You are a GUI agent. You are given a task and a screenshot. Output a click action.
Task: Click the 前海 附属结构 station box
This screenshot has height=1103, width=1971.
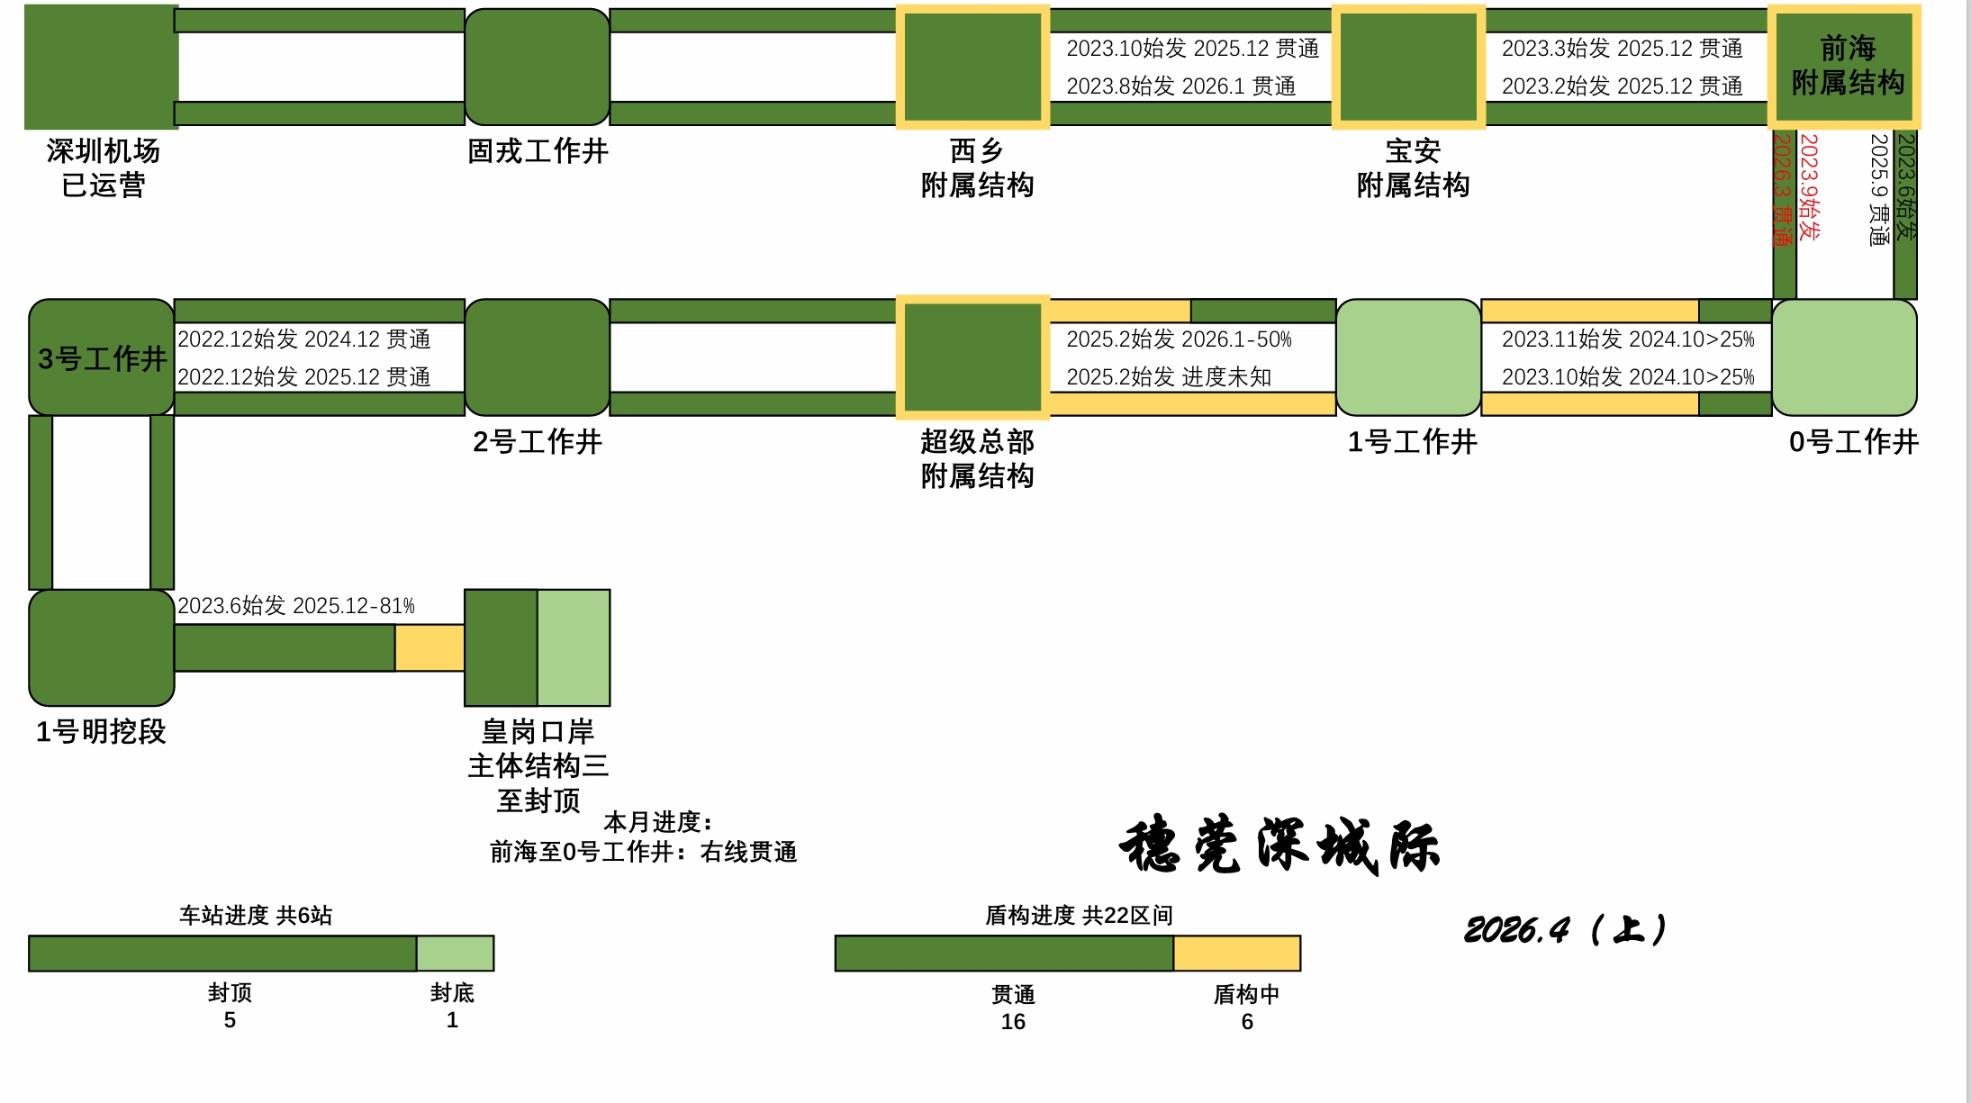pyautogui.click(x=1845, y=67)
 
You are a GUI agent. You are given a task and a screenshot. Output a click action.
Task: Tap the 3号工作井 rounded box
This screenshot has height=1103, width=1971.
pyautogui.click(x=102, y=357)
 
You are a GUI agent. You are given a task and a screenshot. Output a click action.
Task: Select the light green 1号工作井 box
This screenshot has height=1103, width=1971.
pyautogui.click(x=1409, y=357)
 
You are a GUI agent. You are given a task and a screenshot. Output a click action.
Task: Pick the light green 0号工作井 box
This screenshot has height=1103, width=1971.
pyautogui.click(x=1845, y=357)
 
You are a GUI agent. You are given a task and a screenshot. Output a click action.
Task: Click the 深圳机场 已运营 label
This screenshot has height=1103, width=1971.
pyautogui.click(x=104, y=167)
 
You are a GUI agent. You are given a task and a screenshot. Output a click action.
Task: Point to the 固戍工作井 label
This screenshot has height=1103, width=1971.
pyautogui.click(x=538, y=150)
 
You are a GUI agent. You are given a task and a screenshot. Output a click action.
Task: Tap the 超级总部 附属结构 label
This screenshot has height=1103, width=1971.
pyautogui.click(x=977, y=458)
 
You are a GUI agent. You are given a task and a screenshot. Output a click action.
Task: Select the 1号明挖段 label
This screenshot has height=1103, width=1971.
pyautogui.click(x=101, y=731)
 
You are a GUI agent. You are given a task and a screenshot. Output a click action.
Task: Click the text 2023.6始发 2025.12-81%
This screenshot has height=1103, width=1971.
pyautogui.click(x=296, y=606)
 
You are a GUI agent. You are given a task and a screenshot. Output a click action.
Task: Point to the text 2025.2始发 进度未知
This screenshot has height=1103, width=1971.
pyautogui.click(x=1169, y=376)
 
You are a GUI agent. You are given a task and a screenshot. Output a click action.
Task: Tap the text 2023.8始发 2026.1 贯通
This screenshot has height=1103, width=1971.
pyautogui.click(x=1181, y=86)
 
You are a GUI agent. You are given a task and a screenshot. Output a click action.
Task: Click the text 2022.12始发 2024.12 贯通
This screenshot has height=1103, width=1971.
pyautogui.click(x=304, y=339)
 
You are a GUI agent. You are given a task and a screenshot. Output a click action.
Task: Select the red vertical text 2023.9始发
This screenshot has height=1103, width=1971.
pyautogui.click(x=1809, y=187)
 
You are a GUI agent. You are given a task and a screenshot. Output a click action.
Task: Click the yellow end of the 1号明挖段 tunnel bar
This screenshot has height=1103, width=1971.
pyautogui.click(x=429, y=647)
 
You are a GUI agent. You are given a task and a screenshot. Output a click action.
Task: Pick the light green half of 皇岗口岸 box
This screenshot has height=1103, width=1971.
pyautogui.click(x=574, y=647)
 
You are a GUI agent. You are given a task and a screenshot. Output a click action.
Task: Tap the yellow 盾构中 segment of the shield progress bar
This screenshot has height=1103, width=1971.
pyautogui.click(x=1237, y=954)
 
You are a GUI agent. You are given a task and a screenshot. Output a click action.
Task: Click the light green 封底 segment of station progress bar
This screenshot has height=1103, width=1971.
pyautogui.click(x=456, y=954)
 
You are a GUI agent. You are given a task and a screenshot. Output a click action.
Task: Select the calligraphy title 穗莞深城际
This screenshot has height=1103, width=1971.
pyautogui.click(x=1279, y=845)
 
